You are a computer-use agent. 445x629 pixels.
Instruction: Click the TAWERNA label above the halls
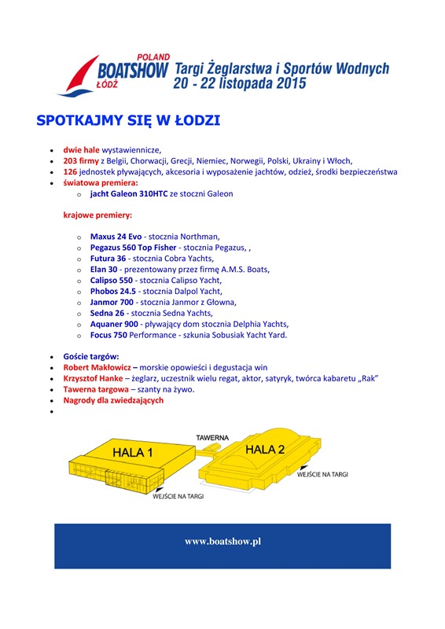[212, 436]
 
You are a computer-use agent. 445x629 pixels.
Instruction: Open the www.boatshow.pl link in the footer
[222, 542]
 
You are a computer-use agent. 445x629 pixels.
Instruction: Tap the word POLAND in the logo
[153, 57]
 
